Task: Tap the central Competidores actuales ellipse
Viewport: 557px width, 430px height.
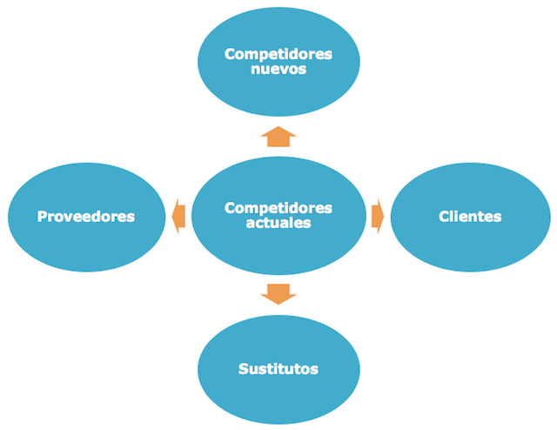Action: click(278, 244)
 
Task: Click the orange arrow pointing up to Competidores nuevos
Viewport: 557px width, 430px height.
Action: click(278, 137)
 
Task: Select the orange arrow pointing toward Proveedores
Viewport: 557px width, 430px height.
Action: click(178, 215)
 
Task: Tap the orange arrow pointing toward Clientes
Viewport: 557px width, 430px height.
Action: click(378, 215)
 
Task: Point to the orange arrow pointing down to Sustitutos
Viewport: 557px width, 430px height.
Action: click(278, 294)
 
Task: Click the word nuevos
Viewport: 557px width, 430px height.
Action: click(278, 69)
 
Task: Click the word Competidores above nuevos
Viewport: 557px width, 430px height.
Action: click(278, 54)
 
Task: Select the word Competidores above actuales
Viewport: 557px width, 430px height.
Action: click(278, 208)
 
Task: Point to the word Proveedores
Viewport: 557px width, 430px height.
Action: click(86, 216)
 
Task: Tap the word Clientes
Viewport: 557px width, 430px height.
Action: click(470, 216)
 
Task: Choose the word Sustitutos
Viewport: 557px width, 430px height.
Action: click(278, 369)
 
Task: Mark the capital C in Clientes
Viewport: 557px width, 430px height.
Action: click(445, 216)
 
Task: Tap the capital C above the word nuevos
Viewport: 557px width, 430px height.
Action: click(230, 54)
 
